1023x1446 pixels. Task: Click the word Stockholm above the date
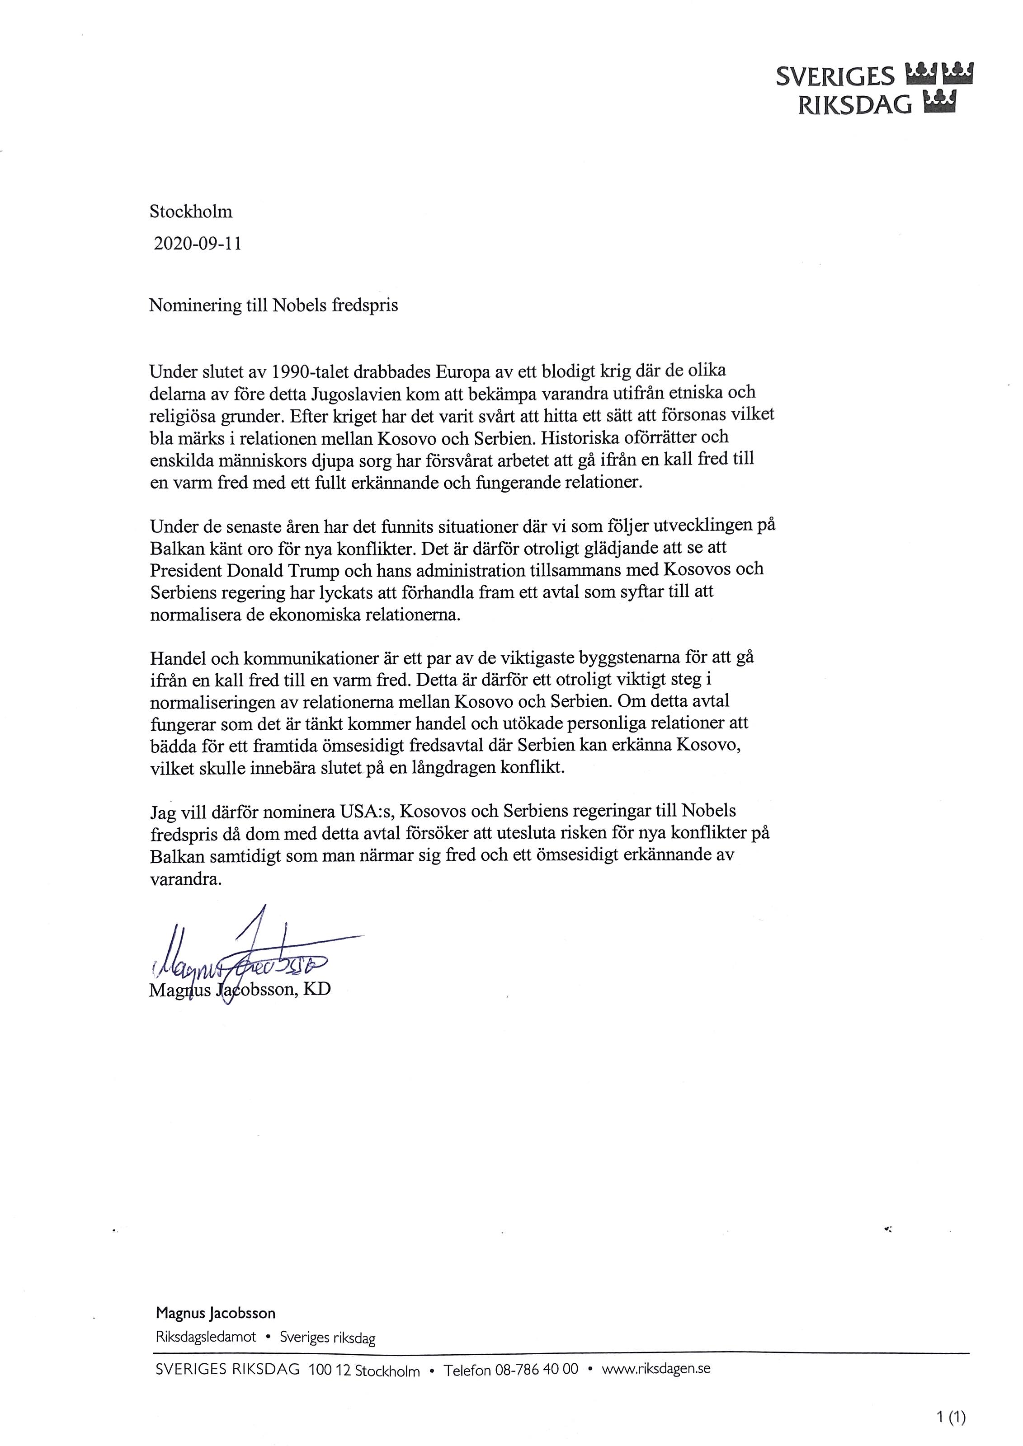[x=191, y=211]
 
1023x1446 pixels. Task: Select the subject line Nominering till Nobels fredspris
[x=273, y=305]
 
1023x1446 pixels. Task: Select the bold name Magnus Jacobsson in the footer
[x=216, y=1313]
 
